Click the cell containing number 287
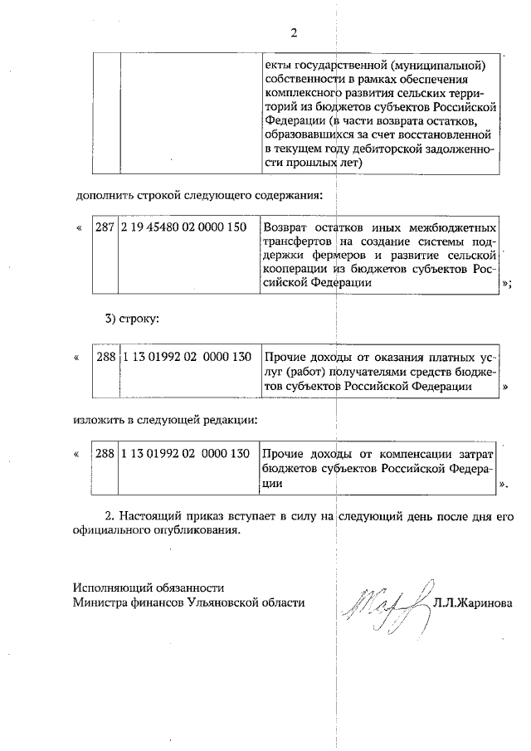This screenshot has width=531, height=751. (105, 227)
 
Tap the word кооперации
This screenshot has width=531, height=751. (296, 270)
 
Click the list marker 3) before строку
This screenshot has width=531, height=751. (112, 319)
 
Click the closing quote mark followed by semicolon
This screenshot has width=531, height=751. (506, 284)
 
